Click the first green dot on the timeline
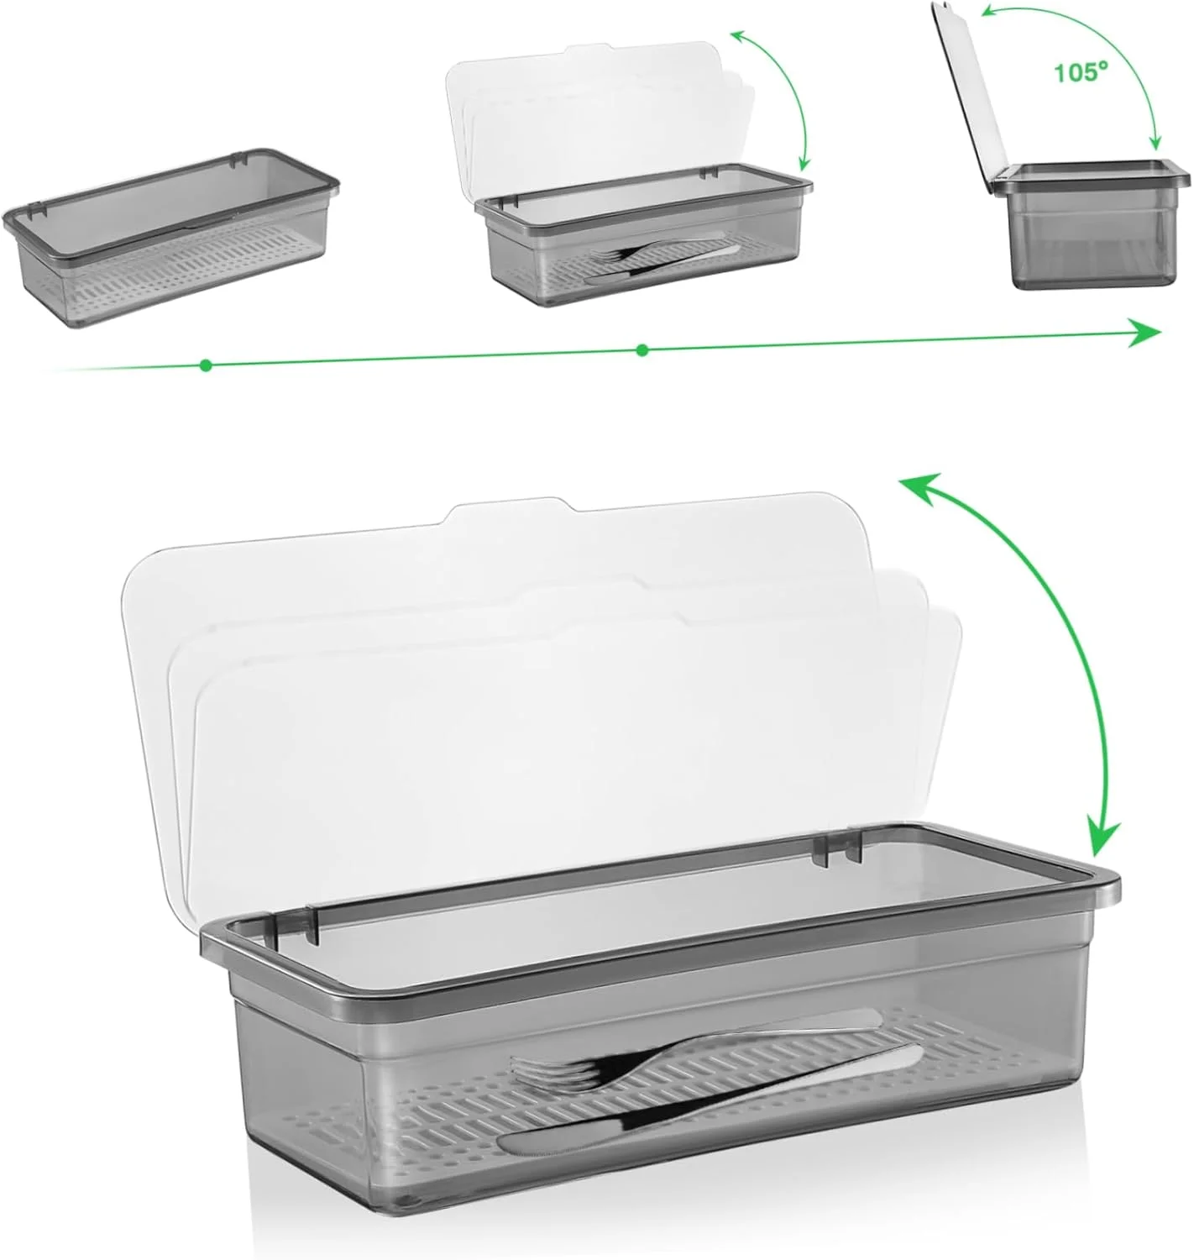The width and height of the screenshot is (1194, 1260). click(x=206, y=365)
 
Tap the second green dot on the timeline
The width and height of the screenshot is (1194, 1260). click(x=642, y=350)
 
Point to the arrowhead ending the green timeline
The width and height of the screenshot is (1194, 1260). click(x=1144, y=333)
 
